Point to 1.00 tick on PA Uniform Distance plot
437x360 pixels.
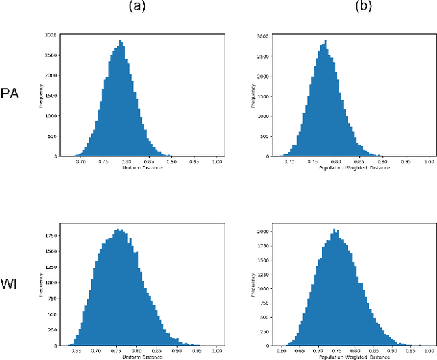coord(216,161)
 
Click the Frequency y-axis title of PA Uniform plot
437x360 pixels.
coord(42,96)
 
